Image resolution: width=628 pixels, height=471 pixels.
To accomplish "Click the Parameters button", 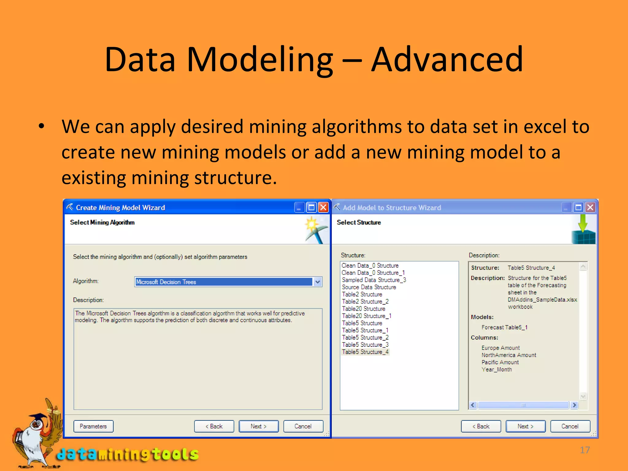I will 93,426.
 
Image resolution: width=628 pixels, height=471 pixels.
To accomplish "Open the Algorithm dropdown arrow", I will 318,282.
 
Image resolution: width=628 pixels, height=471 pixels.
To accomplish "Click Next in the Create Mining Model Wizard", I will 258,426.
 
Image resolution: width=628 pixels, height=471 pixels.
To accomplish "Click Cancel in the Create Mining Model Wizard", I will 303,426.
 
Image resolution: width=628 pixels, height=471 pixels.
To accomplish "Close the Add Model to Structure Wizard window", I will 590,208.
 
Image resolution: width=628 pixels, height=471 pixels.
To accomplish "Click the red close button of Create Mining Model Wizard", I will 323,208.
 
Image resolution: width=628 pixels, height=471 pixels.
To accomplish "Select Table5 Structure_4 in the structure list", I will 365,352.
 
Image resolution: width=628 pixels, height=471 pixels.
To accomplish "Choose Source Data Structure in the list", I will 369,287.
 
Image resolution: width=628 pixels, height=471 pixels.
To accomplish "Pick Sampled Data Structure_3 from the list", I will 374,280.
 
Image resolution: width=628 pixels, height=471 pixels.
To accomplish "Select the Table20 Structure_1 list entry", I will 366,316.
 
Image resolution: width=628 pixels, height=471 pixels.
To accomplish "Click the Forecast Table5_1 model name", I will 504,327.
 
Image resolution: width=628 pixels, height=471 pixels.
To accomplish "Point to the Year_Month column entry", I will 496,370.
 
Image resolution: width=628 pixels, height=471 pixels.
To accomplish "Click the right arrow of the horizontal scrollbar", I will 574,405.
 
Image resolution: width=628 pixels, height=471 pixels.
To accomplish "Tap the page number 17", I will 585,450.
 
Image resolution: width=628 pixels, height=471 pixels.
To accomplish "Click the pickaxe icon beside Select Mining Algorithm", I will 314,230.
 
